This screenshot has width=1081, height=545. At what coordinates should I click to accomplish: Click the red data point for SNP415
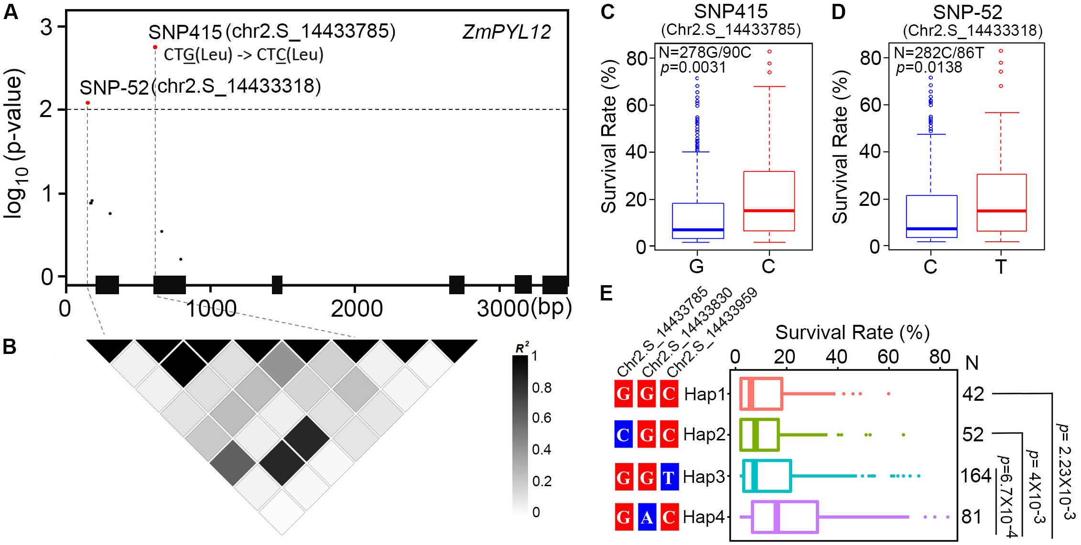(155, 47)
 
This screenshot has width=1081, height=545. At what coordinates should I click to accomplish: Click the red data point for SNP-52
(87, 103)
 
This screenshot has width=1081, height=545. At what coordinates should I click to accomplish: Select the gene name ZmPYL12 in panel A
(507, 32)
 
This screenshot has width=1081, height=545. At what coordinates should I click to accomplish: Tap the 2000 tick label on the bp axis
(357, 309)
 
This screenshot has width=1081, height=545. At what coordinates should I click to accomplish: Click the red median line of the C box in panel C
(769, 211)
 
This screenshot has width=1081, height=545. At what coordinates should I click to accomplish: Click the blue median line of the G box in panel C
(698, 230)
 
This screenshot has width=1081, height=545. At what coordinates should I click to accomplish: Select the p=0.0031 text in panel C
(693, 68)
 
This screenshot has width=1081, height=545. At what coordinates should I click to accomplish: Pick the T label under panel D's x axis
(1001, 267)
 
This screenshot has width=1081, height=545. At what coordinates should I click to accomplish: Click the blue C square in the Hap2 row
(623, 435)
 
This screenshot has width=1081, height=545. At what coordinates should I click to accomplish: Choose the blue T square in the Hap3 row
(669, 477)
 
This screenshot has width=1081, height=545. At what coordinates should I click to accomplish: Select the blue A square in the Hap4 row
(647, 517)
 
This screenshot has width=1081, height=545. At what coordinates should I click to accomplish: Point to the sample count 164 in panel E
(975, 476)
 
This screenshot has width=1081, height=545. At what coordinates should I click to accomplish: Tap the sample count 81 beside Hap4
(972, 517)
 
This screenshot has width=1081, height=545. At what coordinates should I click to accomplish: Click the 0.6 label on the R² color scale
(541, 418)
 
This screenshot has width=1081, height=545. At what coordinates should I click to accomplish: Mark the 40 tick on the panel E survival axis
(836, 357)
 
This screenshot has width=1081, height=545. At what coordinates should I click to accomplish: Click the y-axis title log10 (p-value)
(14, 143)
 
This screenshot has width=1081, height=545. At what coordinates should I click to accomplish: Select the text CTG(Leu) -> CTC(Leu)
(244, 55)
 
